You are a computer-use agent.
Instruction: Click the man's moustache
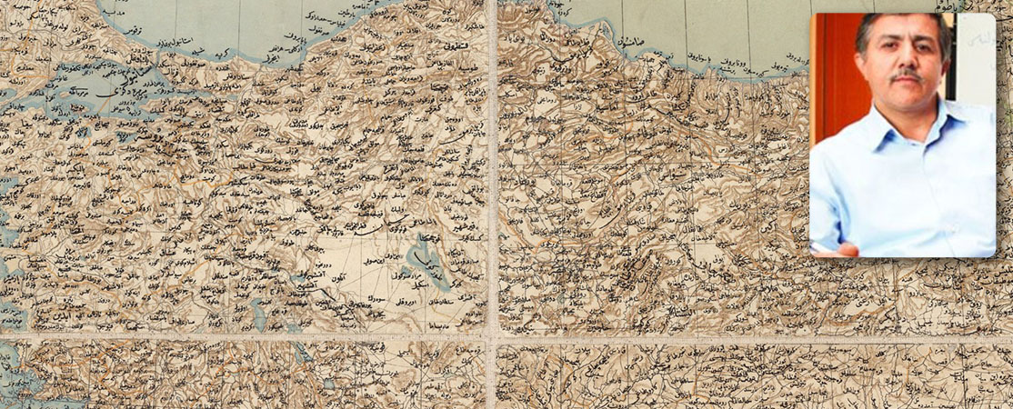(x=907, y=78)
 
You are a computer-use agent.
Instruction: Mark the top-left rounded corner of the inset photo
(x=814, y=16)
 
